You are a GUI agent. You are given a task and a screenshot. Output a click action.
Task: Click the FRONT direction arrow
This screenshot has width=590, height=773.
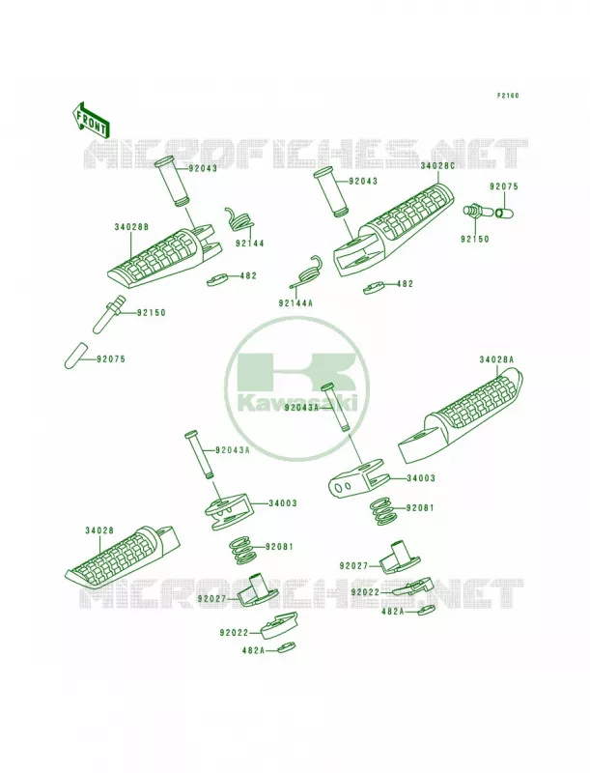(91, 120)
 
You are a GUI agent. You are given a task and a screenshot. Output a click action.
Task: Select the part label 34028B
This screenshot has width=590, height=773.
(131, 227)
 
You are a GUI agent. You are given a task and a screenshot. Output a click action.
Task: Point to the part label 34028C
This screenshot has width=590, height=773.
(437, 166)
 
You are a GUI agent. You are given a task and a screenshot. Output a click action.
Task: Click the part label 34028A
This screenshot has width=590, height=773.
(496, 359)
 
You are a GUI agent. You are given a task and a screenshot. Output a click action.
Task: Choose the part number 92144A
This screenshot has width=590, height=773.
(295, 303)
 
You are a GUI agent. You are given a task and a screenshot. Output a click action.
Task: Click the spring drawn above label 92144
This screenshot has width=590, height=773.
(238, 219)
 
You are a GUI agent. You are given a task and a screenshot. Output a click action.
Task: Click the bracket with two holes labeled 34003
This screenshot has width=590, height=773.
(356, 477)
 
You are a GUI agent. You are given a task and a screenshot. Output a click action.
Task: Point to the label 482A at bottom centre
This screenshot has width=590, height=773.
(253, 650)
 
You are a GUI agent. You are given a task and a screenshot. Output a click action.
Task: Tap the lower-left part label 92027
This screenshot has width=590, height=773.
(211, 598)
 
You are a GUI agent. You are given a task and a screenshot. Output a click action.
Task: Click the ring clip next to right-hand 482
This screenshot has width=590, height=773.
(376, 288)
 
